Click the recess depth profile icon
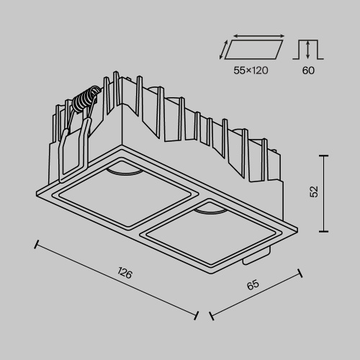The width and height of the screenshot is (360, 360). pyautogui.click(x=308, y=50)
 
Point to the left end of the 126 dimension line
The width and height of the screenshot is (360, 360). pyautogui.click(x=35, y=242)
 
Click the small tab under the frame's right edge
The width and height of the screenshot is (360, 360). pyautogui.click(x=259, y=256)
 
